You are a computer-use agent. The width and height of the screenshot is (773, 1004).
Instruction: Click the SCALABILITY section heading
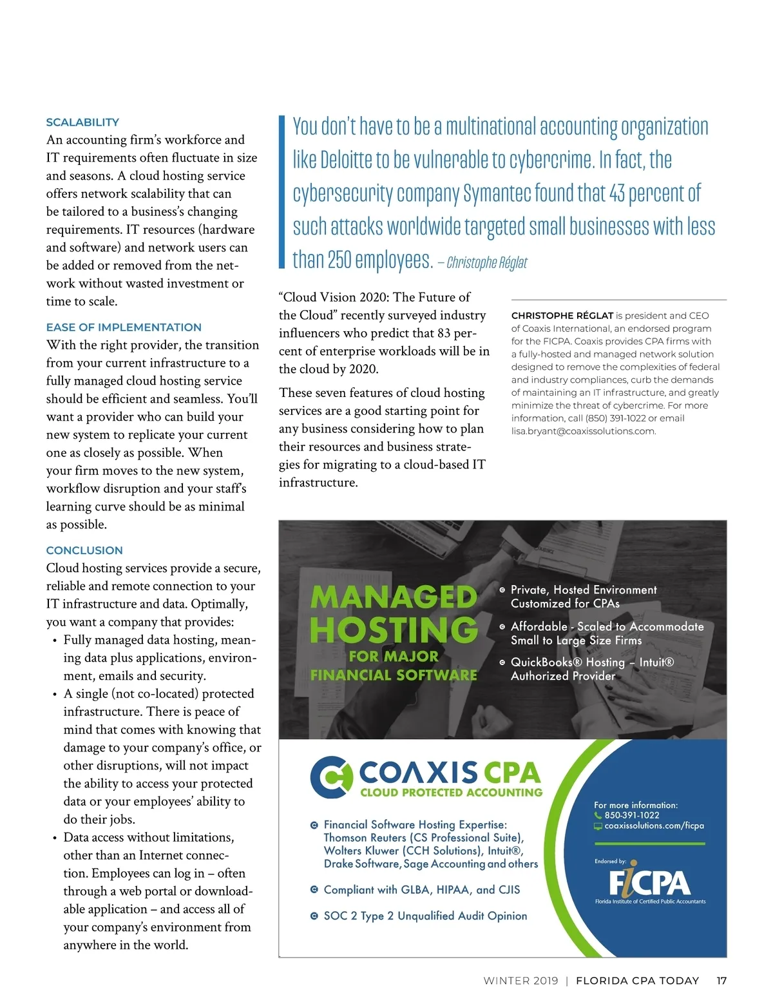point(82,122)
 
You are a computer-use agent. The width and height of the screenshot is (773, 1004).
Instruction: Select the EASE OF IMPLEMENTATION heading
point(124,327)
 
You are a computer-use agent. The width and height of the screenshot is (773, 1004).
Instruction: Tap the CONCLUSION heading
point(84,550)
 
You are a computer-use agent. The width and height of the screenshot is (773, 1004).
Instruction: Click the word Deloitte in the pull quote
point(355,160)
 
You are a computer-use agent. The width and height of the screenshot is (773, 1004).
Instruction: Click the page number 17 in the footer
point(721,981)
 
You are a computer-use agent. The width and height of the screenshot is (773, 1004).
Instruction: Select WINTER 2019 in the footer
point(520,981)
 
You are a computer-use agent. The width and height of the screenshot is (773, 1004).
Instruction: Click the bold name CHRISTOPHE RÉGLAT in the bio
point(562,316)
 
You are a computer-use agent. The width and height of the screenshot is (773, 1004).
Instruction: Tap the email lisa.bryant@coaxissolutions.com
point(584,431)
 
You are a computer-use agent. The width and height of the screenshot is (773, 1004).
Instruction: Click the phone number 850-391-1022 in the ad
point(631,815)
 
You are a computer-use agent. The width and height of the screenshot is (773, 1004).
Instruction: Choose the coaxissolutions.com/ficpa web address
point(654,825)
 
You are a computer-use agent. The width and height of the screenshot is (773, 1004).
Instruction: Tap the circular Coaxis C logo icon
point(331,777)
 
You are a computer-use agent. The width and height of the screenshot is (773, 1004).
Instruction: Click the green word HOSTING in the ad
point(394,630)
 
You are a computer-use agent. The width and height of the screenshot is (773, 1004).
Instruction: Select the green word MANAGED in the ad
point(394,597)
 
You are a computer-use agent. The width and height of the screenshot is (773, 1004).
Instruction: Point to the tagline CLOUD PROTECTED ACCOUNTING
point(451,793)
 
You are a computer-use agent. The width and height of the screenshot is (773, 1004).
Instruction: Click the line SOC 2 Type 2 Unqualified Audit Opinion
point(425,916)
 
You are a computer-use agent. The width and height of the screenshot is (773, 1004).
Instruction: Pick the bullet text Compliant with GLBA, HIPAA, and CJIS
point(421,890)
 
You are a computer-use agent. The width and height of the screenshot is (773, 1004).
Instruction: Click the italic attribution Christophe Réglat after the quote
point(486,263)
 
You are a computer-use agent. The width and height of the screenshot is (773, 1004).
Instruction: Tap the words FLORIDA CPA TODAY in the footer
point(637,981)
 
